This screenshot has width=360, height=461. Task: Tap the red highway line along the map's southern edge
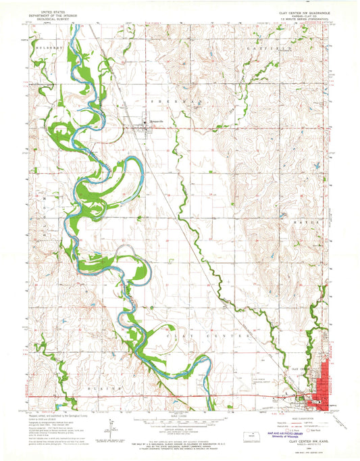pyautogui.click(x=169, y=396)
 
